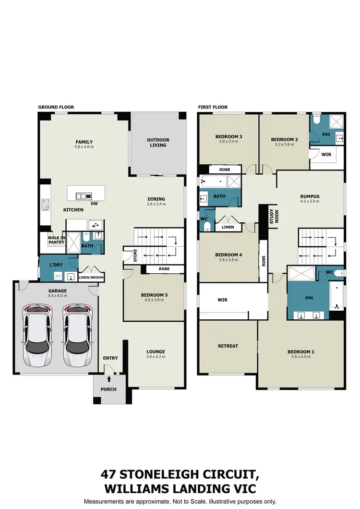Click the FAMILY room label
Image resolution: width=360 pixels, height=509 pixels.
pyautogui.click(x=84, y=142)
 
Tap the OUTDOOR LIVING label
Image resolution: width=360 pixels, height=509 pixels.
pyautogui.click(x=158, y=143)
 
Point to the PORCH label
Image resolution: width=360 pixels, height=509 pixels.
pyautogui.click(x=109, y=389)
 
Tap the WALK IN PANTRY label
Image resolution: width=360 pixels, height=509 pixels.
pyautogui.click(x=56, y=240)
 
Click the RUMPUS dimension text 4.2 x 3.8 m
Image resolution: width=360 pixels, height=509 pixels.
pyautogui.click(x=310, y=202)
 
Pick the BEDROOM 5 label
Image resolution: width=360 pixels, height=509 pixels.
pyautogui.click(x=154, y=295)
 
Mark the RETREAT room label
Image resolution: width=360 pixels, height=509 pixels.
pyautogui.click(x=228, y=346)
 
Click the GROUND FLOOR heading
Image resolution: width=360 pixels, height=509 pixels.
pyautogui.click(x=56, y=107)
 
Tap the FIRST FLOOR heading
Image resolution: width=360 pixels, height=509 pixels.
pyautogui.click(x=213, y=107)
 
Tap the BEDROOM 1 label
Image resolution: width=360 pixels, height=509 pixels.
pyautogui.click(x=301, y=351)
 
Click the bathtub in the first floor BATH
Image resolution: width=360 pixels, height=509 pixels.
pyautogui.click(x=214, y=182)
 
